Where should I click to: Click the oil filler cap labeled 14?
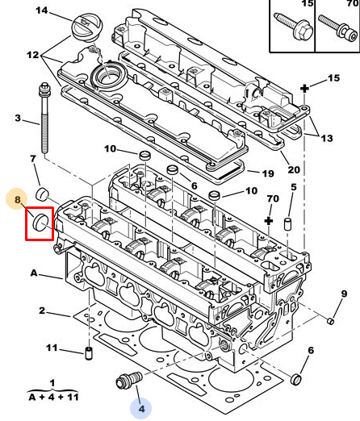pyautogui.click(x=86, y=27)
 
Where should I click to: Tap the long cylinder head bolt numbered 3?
pyautogui.click(x=44, y=118)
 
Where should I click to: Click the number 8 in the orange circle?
pyautogui.click(x=17, y=199)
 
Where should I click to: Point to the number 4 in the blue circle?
pyautogui.click(x=141, y=409)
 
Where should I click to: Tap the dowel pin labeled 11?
pyautogui.click(x=89, y=353)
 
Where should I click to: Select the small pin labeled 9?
pyautogui.click(x=331, y=321)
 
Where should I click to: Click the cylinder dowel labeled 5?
pyautogui.click(x=288, y=224)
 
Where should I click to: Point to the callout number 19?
pyautogui.click(x=268, y=173)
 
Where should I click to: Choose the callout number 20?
pyautogui.click(x=294, y=169)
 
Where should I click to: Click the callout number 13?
pyautogui.click(x=327, y=138)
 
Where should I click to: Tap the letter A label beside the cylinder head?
pyautogui.click(x=34, y=273)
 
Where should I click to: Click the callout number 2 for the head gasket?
pyautogui.click(x=42, y=311)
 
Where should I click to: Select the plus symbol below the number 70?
pyautogui.click(x=269, y=221)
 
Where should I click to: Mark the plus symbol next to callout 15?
pyautogui.click(x=304, y=89)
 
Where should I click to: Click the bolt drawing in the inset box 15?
pyautogui.click(x=293, y=27)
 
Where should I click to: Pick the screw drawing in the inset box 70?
pyautogui.click(x=337, y=28)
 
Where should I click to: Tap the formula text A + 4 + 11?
pyautogui.click(x=53, y=397)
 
